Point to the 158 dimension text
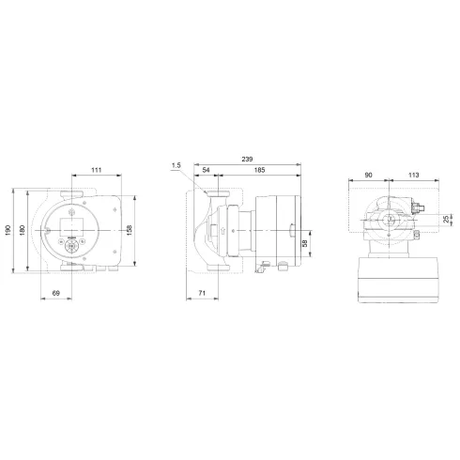coord(142,231)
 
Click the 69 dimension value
coord(56,294)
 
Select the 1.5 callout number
coord(176,166)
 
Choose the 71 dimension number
coord(203,294)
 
